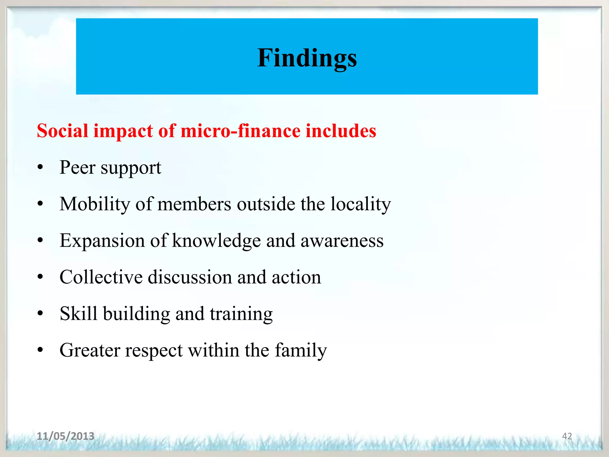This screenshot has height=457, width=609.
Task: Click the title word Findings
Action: point(307,58)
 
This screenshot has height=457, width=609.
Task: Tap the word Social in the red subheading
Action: point(62,131)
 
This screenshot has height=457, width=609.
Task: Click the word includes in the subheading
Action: point(341,131)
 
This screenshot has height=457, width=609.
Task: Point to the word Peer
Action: point(77,168)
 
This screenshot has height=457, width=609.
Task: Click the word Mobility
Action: point(95,204)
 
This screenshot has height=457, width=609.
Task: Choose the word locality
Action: point(361,204)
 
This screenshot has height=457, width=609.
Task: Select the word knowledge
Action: point(216,241)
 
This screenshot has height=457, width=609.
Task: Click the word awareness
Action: point(342,241)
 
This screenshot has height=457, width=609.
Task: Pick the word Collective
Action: point(101,277)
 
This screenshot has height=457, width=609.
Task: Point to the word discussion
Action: point(190,277)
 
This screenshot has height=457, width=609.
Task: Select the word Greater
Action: point(90,350)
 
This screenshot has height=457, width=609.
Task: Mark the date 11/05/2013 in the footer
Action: point(65,436)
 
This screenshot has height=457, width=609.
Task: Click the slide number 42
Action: point(567,436)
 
